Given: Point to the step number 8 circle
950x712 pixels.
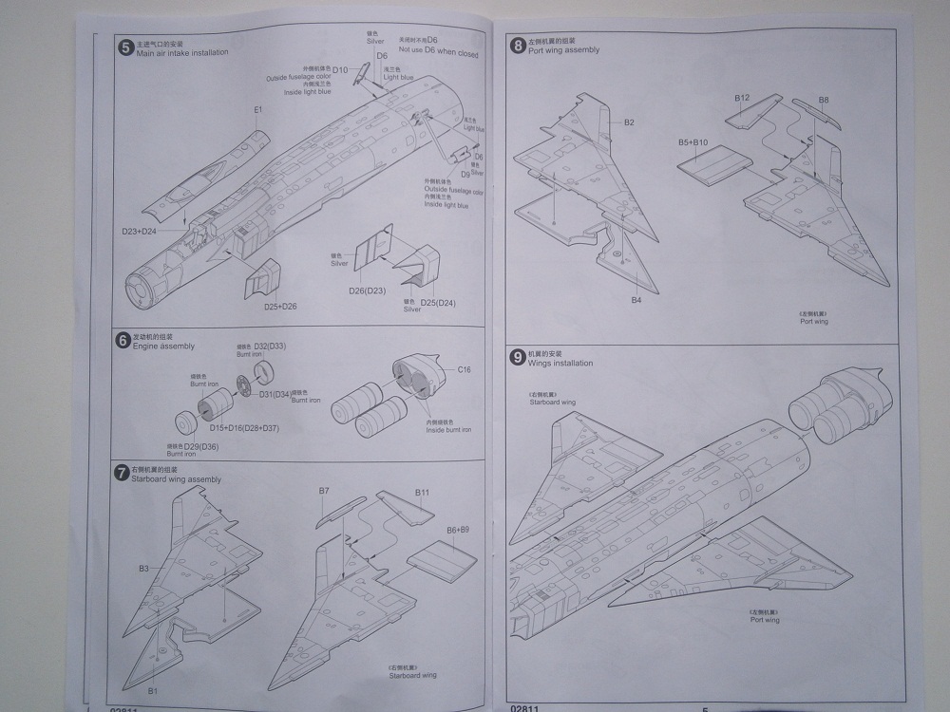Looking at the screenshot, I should [518, 45].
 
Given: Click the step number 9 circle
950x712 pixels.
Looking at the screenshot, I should [518, 358].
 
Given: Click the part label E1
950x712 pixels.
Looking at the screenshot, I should [257, 110].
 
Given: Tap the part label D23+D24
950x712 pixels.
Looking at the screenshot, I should [139, 231].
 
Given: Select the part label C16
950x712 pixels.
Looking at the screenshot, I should [465, 369].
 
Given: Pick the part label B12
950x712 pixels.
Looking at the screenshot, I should [742, 99].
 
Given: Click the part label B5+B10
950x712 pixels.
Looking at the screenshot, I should [693, 142].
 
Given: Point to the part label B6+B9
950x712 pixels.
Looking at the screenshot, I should [459, 530].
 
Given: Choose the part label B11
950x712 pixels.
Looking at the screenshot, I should [422, 493].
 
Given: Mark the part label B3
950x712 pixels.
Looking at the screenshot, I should [143, 568].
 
